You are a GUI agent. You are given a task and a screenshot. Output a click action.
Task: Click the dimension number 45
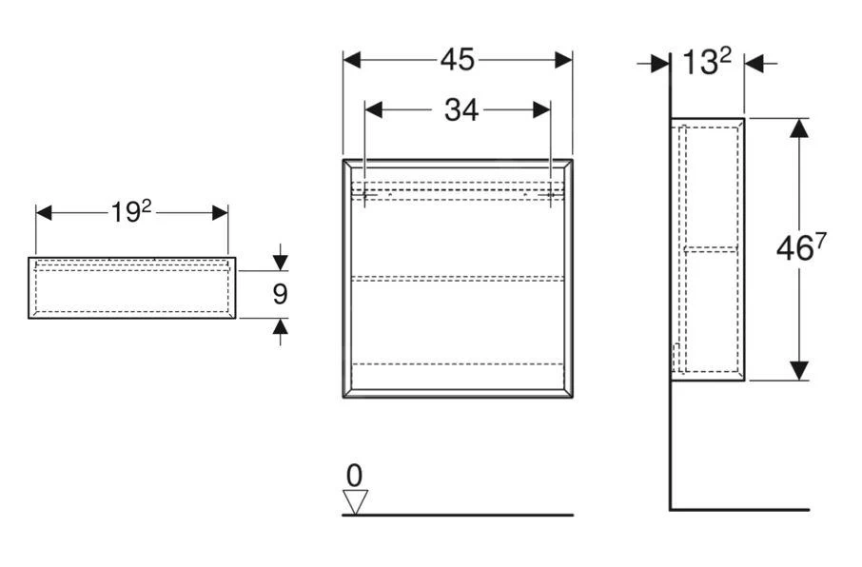457,59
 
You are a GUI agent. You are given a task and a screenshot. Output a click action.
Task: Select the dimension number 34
461,110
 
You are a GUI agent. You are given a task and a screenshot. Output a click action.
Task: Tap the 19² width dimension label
131,212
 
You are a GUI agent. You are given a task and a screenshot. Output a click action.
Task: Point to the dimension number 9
279,294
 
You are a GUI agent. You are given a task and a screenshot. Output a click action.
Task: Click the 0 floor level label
354,475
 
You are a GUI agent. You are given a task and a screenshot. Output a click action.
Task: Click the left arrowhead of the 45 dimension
353,60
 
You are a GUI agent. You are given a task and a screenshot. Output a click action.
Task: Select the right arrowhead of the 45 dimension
562,60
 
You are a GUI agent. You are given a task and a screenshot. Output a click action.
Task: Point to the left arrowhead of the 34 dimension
375,110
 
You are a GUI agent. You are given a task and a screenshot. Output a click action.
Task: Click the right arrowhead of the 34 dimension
540,110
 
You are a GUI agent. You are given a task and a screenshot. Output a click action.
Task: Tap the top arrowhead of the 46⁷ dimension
799,128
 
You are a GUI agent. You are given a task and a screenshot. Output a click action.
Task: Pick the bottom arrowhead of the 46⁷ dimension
799,370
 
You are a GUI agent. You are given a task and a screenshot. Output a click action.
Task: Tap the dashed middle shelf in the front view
457,278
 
